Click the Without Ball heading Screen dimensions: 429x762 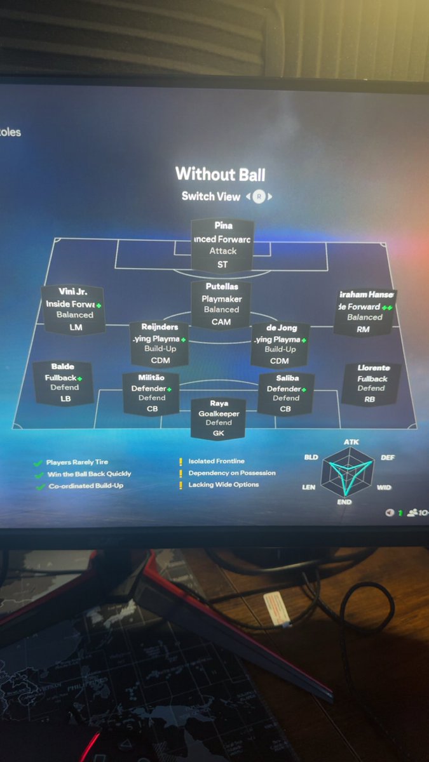(x=220, y=174)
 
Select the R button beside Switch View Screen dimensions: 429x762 (x=259, y=196)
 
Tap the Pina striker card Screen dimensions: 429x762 (x=222, y=244)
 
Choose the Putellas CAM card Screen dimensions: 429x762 (x=221, y=304)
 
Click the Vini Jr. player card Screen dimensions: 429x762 (x=72, y=309)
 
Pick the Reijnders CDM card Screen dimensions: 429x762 (x=158, y=344)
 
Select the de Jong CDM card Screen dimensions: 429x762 (x=280, y=344)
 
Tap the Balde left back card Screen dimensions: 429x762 (x=64, y=383)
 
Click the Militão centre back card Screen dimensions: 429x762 (x=151, y=394)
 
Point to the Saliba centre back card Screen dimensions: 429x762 (x=286, y=394)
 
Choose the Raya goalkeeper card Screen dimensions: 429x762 (x=219, y=418)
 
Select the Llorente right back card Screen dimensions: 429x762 (x=371, y=384)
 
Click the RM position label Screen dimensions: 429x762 (x=363, y=330)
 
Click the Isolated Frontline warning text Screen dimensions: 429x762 (x=216, y=461)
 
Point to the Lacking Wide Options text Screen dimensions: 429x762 (x=224, y=485)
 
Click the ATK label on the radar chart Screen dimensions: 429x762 (x=351, y=442)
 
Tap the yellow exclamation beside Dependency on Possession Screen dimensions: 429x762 (x=180, y=473)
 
